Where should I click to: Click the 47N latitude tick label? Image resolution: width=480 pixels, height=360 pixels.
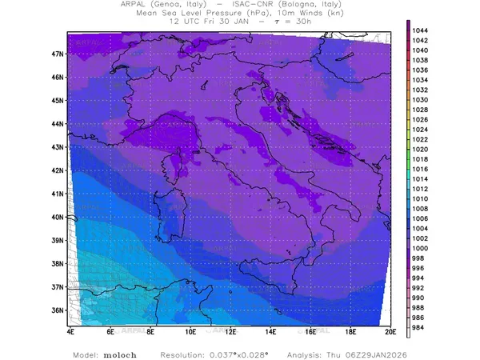(x=57, y=54)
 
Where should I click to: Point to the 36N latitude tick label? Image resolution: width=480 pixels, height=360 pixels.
(x=57, y=310)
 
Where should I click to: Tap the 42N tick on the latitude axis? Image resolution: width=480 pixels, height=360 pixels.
(x=57, y=170)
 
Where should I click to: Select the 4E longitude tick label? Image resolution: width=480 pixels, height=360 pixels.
(x=70, y=330)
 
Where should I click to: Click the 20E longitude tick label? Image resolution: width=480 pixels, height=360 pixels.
(x=390, y=330)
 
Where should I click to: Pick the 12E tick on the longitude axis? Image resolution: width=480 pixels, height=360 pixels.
(x=230, y=330)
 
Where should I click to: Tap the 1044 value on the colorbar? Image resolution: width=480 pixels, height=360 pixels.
(x=420, y=30)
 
